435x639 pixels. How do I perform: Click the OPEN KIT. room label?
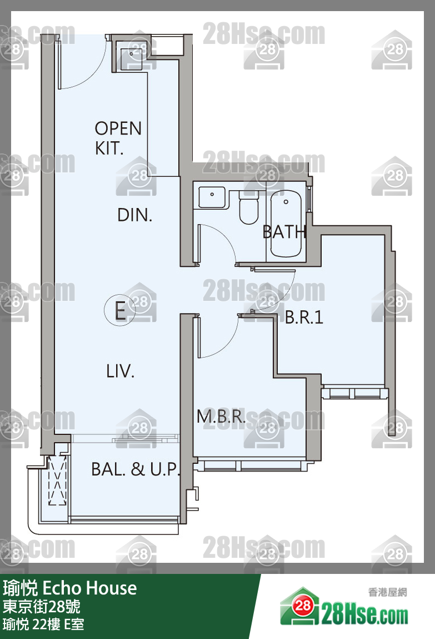[x=118, y=138]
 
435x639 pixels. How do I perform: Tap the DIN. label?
[x=134, y=215]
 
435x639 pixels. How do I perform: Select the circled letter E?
[x=119, y=310]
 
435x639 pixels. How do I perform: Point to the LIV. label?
[x=120, y=371]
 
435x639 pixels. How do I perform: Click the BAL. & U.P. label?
[x=135, y=469]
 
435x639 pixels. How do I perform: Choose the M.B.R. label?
[x=221, y=416]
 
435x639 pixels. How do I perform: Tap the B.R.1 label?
[x=304, y=317]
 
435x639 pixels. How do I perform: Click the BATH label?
[x=284, y=232]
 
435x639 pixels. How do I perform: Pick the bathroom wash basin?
[x=212, y=197]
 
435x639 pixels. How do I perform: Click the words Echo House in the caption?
[x=89, y=588]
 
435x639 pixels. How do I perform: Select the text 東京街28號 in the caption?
[x=42, y=607]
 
